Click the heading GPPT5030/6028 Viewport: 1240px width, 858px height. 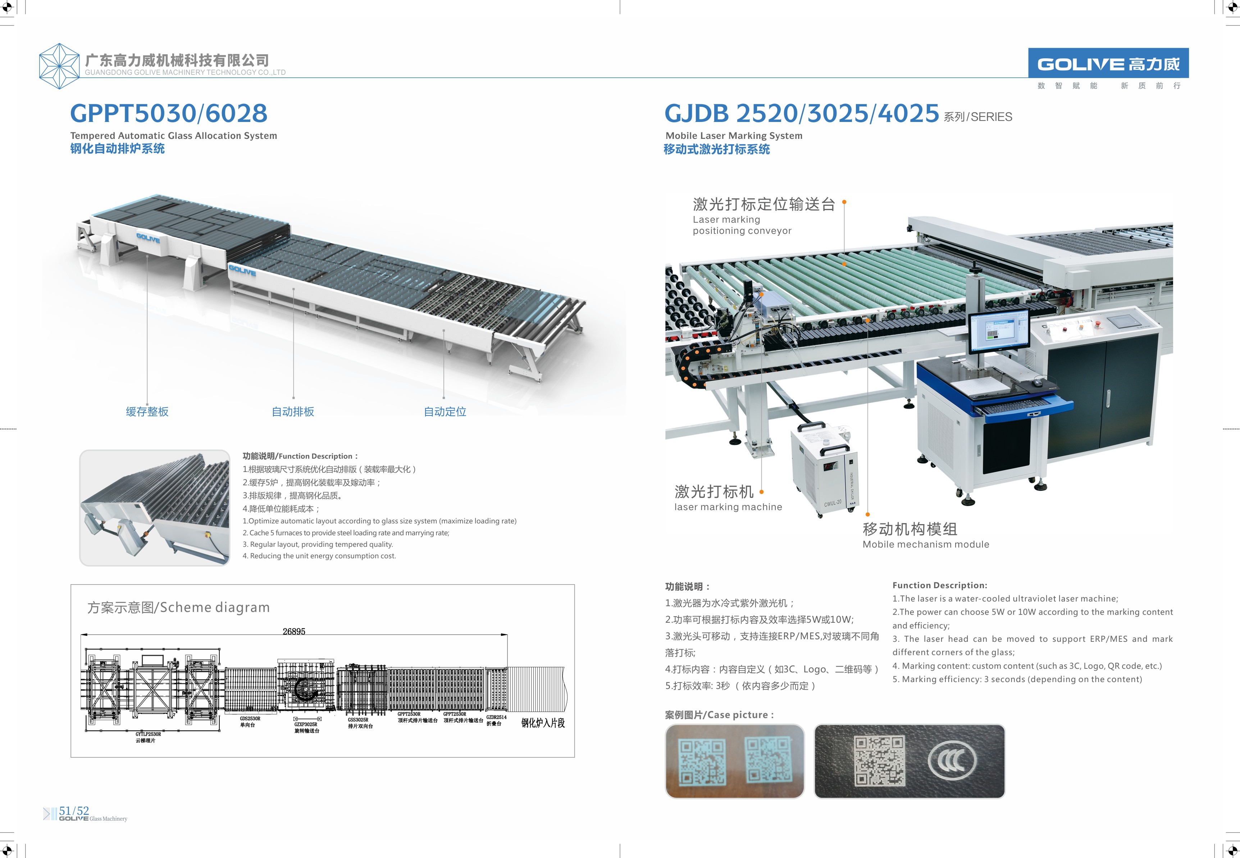point(168,113)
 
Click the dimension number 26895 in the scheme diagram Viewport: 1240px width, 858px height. point(294,631)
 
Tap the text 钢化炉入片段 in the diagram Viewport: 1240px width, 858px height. point(543,723)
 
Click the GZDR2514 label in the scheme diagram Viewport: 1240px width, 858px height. point(496,717)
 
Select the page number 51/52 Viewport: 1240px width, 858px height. point(74,810)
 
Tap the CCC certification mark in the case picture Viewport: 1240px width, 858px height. point(952,760)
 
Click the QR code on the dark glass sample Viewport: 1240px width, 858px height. point(880,760)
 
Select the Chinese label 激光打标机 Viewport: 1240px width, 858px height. point(714,491)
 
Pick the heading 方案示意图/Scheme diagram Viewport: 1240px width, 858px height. point(178,608)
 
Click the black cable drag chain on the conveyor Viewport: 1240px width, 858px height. point(693,366)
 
